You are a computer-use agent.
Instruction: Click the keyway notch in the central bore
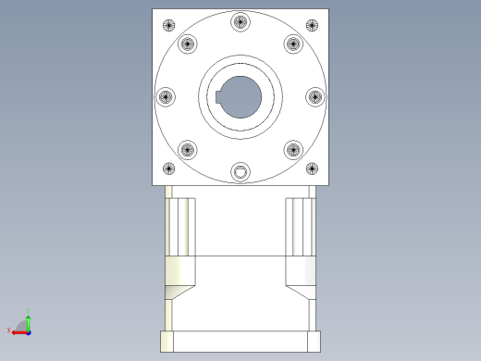218,97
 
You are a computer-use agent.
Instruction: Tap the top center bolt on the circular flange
240,22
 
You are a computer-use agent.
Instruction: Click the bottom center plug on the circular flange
240,171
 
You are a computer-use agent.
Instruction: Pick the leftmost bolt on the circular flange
166,96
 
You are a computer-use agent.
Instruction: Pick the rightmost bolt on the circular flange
314,96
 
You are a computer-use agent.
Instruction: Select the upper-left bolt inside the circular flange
188,44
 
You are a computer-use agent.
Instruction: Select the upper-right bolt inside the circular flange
293,44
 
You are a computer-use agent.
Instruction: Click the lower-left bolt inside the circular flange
188,149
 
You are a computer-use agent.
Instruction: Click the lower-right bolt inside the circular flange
293,149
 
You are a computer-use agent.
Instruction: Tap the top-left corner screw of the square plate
168,25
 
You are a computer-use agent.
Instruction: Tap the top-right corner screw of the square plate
313,25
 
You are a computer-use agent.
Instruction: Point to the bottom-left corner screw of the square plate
168,168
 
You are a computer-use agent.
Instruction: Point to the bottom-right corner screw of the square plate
313,168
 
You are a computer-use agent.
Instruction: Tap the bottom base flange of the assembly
240,341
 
